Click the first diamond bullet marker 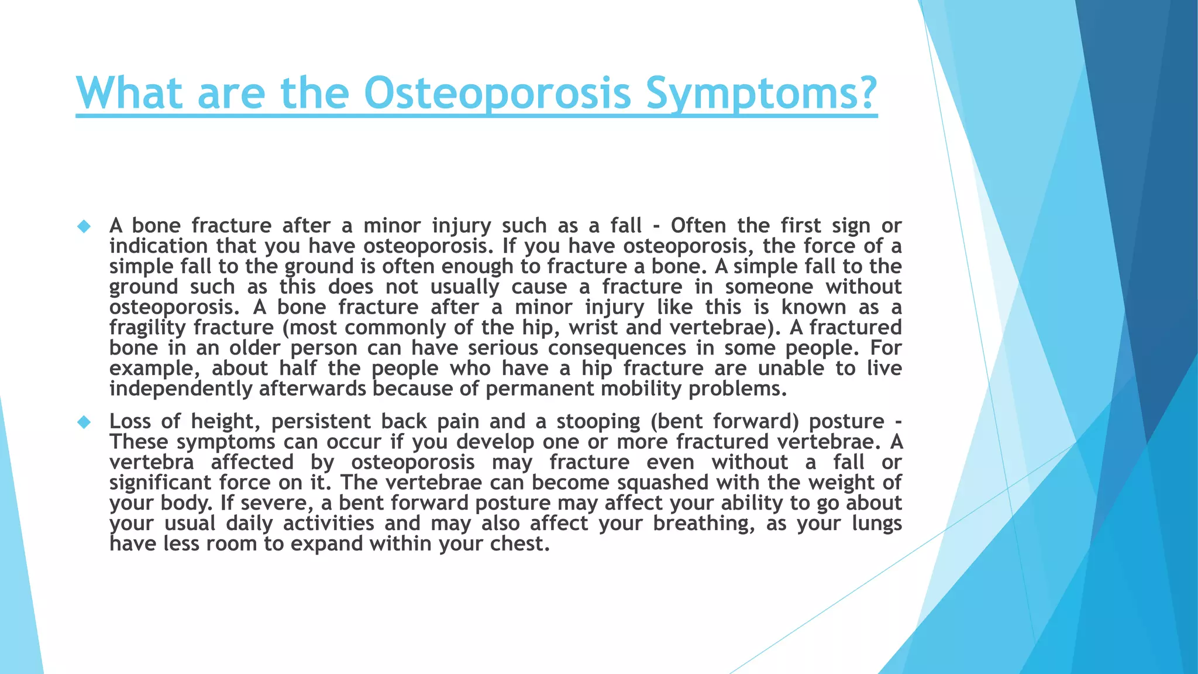(x=84, y=226)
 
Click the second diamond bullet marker (x=84, y=422)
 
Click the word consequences (x=617, y=348)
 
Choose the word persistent (x=321, y=422)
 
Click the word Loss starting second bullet (x=130, y=422)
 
